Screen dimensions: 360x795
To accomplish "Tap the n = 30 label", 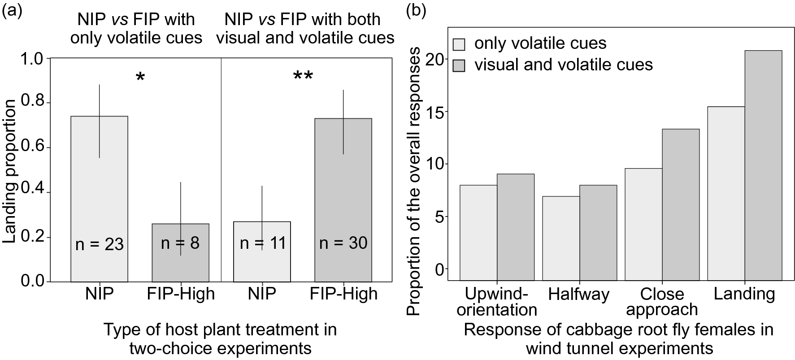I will coord(343,243).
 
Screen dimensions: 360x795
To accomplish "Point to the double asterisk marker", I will coord(303,76).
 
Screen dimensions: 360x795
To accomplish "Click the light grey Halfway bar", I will coord(560,238).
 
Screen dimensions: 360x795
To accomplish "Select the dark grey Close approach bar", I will coord(681,204).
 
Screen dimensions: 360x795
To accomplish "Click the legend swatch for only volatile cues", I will coord(459,44).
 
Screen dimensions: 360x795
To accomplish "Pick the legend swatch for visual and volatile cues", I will coord(459,65).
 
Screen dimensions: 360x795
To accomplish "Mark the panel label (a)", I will coord(12,10).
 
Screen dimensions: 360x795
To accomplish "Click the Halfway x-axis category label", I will coord(578,294).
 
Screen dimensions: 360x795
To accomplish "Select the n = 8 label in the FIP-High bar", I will coord(180,243).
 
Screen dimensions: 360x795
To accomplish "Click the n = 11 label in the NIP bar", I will coord(262,243).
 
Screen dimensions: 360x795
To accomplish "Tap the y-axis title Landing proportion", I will coord(10,171).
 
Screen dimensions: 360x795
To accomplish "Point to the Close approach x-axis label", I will coord(662,302).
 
